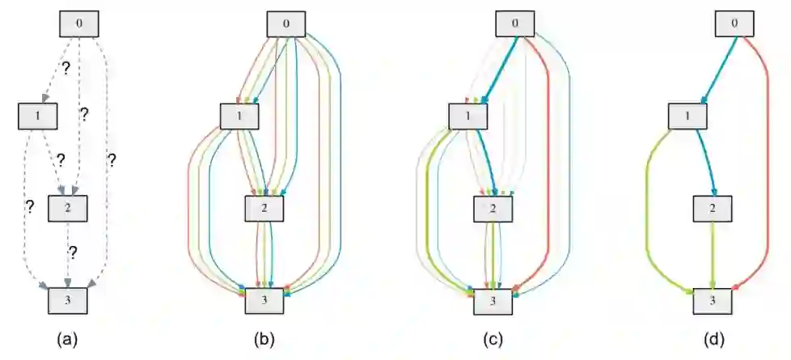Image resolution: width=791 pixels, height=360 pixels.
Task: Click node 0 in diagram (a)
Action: tap(79, 23)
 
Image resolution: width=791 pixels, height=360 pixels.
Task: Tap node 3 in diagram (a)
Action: tap(67, 301)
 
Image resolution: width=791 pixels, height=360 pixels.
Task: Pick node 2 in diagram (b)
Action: tap(265, 210)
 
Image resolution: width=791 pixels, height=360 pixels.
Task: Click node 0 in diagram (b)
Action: tap(286, 23)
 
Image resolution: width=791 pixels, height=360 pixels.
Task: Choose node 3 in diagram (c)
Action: tap(493, 301)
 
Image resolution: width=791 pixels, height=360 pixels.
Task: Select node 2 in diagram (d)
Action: tap(713, 210)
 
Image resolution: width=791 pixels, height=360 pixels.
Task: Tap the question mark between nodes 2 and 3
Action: tap(72, 253)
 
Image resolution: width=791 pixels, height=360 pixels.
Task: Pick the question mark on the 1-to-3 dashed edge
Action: tap(30, 207)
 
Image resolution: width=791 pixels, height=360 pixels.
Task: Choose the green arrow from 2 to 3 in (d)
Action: tap(713, 255)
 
